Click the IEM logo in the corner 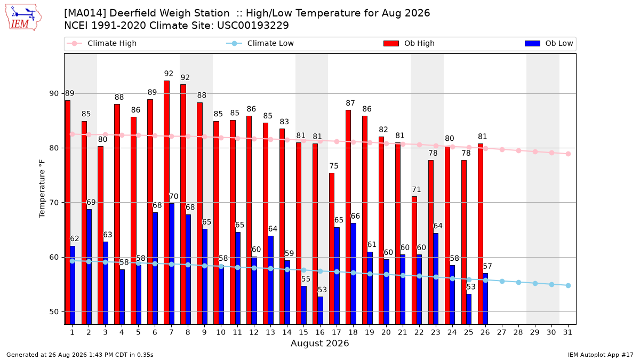[x=23, y=18]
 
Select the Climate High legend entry [x=101, y=43]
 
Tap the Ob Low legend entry [x=549, y=43]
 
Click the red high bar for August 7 [x=166, y=203]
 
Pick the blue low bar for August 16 [x=321, y=310]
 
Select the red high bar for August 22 [x=414, y=261]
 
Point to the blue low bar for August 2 [x=89, y=267]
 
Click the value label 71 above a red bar [x=417, y=189]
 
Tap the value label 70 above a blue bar [x=174, y=197]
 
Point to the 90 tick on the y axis [x=54, y=94]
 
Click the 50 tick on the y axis [x=54, y=311]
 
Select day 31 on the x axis [x=567, y=333]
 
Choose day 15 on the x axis [x=303, y=333]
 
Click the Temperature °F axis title [x=42, y=189]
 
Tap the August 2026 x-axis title [x=320, y=343]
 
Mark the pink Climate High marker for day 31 [x=569, y=154]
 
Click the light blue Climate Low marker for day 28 [x=518, y=283]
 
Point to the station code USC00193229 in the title [x=253, y=26]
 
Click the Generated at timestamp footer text [x=79, y=355]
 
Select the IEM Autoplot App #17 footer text [x=601, y=355]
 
